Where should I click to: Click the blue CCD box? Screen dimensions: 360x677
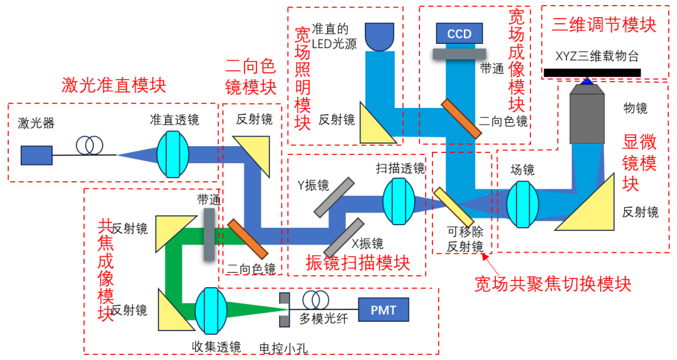point(459,34)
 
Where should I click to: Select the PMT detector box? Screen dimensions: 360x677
point(383,309)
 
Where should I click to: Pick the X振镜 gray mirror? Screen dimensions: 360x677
point(344,237)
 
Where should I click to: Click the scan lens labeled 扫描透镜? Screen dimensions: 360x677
point(399,201)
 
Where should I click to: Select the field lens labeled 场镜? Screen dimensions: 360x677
point(523,204)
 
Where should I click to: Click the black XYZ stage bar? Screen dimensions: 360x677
point(592,73)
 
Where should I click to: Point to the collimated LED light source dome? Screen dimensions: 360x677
point(379,37)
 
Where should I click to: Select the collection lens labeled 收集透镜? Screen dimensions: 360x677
point(210,310)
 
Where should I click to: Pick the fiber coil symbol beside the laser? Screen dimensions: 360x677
point(90,146)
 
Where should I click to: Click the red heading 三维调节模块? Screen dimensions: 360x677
point(604,24)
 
